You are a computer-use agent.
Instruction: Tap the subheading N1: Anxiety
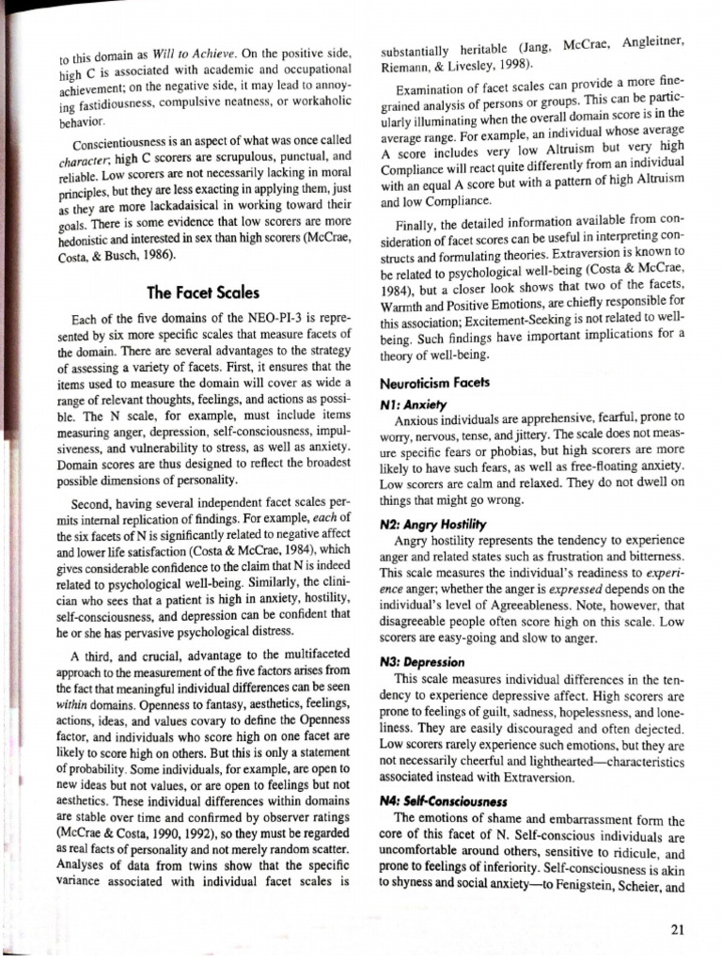coord(411,402)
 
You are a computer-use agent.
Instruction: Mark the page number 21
coord(677,930)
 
